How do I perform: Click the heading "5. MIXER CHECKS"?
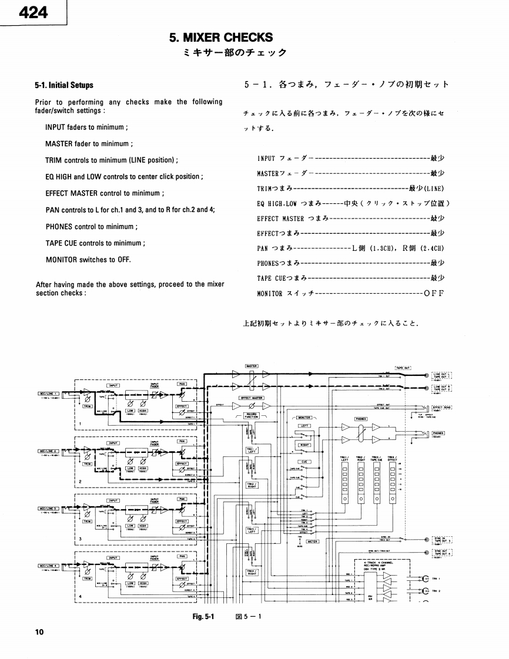(220, 38)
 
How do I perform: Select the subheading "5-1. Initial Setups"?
(64, 85)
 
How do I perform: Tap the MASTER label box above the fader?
(252, 365)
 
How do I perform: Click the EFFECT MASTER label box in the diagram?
(252, 398)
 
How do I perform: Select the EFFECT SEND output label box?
(441, 406)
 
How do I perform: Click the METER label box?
(312, 542)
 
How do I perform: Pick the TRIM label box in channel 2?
(87, 463)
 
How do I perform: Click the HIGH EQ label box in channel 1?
(143, 411)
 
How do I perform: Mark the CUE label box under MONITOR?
(304, 462)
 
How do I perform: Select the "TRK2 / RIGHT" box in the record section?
(252, 485)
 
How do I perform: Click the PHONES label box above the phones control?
(360, 419)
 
